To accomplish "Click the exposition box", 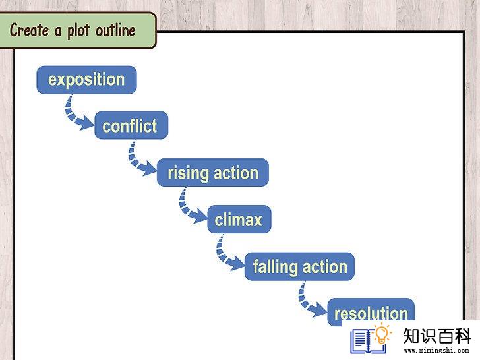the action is [86, 80].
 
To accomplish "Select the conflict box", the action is [131, 125].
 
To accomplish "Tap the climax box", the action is [239, 219].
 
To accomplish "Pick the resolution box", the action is [371, 313].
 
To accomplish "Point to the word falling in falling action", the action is [275, 266].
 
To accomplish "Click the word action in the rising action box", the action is [236, 173].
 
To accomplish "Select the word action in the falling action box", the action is [325, 266].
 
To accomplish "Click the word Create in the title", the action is [30, 30].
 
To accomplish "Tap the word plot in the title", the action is [78, 30].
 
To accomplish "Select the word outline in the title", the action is [116, 30].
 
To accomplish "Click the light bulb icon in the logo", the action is [381, 334].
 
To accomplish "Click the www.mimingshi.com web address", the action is [436, 351].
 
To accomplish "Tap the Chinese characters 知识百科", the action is [437, 336].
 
